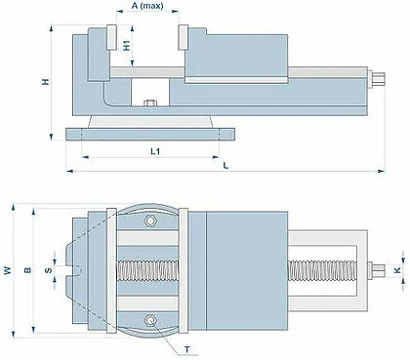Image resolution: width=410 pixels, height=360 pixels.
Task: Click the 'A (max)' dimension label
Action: tap(147, 6)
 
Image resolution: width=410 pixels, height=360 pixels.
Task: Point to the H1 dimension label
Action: tap(127, 45)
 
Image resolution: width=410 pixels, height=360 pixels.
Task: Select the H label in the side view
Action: tap(46, 81)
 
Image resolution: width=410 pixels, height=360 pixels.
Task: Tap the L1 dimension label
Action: tap(155, 151)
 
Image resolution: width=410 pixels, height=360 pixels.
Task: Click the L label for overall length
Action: tap(225, 165)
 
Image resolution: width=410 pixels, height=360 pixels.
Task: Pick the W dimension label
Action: tap(8, 270)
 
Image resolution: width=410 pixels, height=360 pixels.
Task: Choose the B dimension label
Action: tap(28, 270)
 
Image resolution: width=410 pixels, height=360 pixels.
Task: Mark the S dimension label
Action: tap(49, 270)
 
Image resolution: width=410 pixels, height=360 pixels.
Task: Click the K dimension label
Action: tap(397, 270)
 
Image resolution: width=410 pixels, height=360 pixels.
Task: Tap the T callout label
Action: tap(187, 350)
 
